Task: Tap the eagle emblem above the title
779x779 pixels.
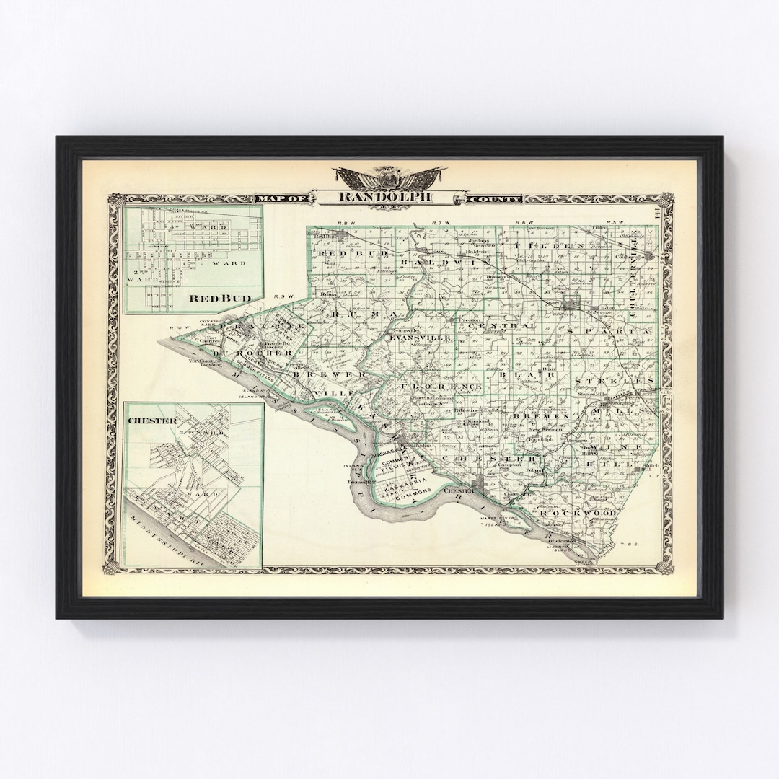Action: point(389,177)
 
